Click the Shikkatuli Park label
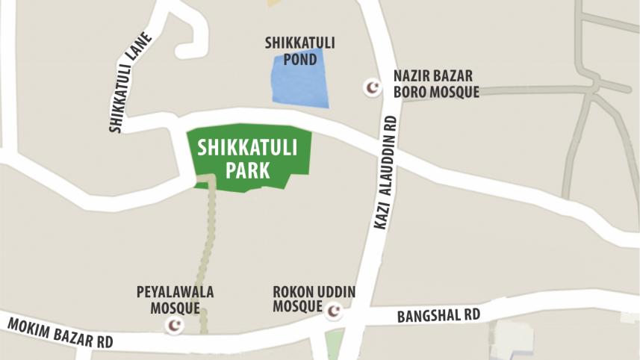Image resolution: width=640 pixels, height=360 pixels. pyautogui.click(x=247, y=158)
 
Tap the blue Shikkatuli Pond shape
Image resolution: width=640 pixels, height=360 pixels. pyautogui.click(x=299, y=80)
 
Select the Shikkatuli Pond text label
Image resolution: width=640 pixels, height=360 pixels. pyautogui.click(x=299, y=50)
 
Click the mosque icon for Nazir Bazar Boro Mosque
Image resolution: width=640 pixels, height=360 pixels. pyautogui.click(x=372, y=87)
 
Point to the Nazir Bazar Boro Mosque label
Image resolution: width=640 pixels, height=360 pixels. pyautogui.click(x=435, y=84)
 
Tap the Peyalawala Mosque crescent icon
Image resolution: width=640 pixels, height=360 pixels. pyautogui.click(x=175, y=325)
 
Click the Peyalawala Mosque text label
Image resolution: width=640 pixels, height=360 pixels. pyautogui.click(x=175, y=300)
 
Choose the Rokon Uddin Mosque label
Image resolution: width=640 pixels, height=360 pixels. pyautogui.click(x=314, y=298)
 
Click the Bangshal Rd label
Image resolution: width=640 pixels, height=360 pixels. pyautogui.click(x=438, y=315)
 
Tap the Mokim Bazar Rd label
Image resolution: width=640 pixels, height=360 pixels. pyautogui.click(x=60, y=332)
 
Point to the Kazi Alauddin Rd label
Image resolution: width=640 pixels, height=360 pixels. pyautogui.click(x=385, y=172)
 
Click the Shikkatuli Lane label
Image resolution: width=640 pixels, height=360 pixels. pyautogui.click(x=130, y=83)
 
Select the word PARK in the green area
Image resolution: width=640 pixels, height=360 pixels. pyautogui.click(x=247, y=170)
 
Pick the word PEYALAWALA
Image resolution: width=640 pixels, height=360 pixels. pyautogui.click(x=175, y=292)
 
